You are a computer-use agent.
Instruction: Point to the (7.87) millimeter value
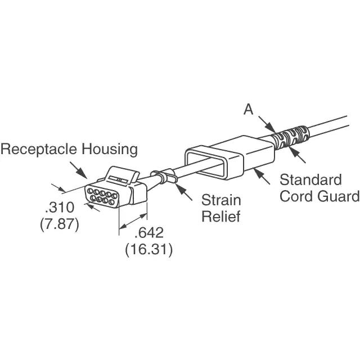click(x=59, y=223)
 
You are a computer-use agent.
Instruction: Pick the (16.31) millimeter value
click(x=148, y=248)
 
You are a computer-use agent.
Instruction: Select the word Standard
click(x=310, y=181)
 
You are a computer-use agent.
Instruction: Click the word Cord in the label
click(x=296, y=196)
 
